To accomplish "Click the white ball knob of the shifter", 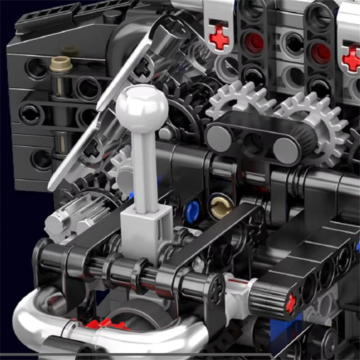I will click(142, 107).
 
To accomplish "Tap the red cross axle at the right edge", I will click(351, 58).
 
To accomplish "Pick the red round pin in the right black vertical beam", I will click(320, 53).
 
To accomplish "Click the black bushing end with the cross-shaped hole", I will click(215, 288).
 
